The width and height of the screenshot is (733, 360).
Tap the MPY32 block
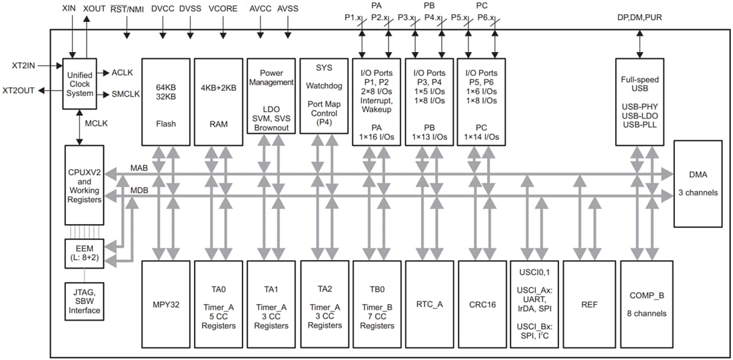[x=166, y=304]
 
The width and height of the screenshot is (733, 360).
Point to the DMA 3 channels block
[x=698, y=183]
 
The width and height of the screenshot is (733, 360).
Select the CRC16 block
[x=482, y=304]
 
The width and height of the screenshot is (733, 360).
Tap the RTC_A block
[x=430, y=304]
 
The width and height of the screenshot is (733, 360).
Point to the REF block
[x=589, y=304]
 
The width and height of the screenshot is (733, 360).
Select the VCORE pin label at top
[x=223, y=9]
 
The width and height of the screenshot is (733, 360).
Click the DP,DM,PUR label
[x=640, y=17]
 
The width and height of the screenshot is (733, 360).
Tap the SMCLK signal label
[x=126, y=94]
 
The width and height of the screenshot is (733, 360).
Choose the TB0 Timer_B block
[x=377, y=304]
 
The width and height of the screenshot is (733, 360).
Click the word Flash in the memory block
[x=166, y=123]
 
